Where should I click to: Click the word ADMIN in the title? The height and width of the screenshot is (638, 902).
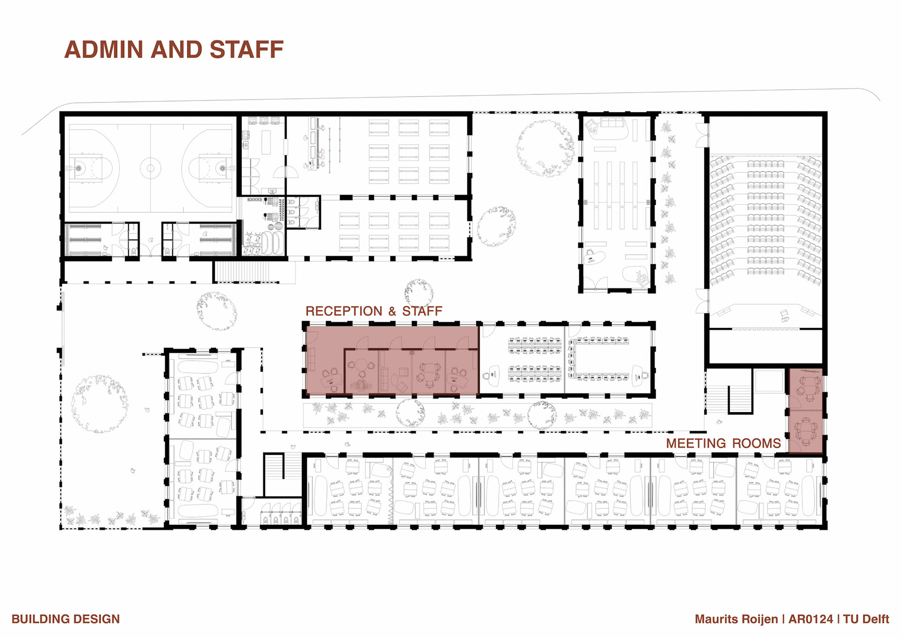[104, 49]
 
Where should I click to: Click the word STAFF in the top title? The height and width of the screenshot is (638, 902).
[247, 49]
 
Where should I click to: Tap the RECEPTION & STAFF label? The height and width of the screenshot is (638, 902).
[374, 311]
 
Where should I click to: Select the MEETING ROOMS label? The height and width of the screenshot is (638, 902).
[723, 443]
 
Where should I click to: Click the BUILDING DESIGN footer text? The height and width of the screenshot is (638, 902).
[66, 619]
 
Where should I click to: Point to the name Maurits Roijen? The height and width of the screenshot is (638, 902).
[736, 619]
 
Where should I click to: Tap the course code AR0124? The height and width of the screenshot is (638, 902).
[810, 619]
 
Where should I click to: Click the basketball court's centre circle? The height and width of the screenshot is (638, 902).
[150, 168]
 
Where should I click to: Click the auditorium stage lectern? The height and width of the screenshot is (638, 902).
[784, 316]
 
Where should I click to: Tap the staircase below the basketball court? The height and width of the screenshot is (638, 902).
[242, 272]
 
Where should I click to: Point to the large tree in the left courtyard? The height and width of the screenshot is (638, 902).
[99, 404]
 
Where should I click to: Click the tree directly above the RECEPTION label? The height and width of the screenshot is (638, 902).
[419, 291]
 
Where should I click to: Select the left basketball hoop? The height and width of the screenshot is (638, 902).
[78, 168]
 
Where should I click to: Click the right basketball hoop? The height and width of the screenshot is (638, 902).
[223, 168]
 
